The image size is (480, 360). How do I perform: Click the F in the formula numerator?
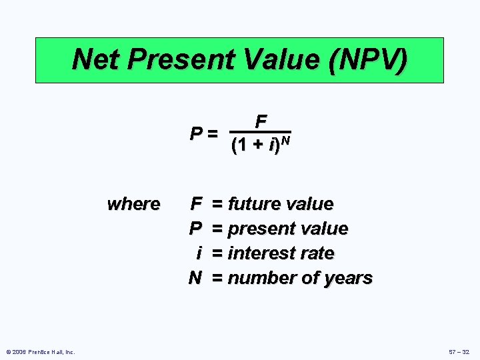261,121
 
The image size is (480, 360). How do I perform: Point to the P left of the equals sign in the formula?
195,133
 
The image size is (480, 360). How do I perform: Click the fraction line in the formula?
260,131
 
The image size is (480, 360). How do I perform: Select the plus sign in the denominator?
256,145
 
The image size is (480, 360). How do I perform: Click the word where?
133,203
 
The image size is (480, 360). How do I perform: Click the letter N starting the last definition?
195,278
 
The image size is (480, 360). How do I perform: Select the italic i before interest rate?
199,253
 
